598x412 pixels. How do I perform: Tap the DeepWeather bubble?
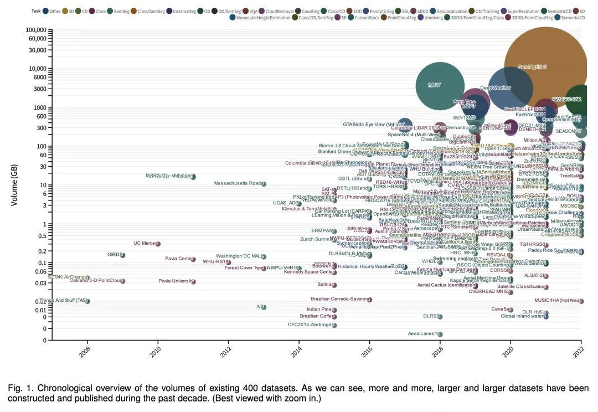click(x=496, y=87)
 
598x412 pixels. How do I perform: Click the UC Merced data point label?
click(x=145, y=243)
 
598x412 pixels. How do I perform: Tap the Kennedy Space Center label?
click(x=308, y=272)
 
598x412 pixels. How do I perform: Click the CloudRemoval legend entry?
click(x=279, y=11)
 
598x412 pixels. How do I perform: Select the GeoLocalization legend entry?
click(x=451, y=11)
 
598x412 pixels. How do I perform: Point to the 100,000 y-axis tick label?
click(x=34, y=30)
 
